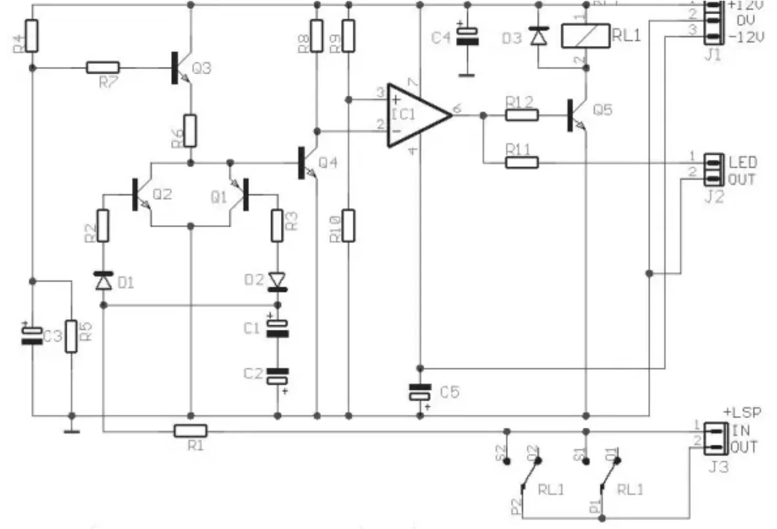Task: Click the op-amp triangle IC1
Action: (x=415, y=115)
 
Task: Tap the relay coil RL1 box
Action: (x=586, y=36)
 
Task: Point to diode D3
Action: (x=538, y=36)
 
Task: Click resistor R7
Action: (x=103, y=68)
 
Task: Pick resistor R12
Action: (x=522, y=115)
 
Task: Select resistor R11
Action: (x=522, y=162)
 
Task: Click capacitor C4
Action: (x=467, y=37)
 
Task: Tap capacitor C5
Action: (x=420, y=392)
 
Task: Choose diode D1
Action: (x=104, y=281)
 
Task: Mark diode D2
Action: (x=277, y=282)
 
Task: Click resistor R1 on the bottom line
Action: (x=190, y=432)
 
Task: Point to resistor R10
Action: (x=348, y=226)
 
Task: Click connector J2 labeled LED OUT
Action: (x=713, y=169)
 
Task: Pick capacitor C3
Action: (x=32, y=335)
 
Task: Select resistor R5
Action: (x=71, y=336)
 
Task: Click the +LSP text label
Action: (x=742, y=413)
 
